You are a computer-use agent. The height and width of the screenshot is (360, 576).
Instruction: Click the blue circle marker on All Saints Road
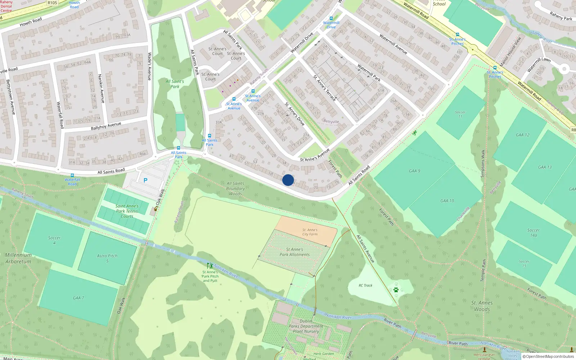click(x=288, y=180)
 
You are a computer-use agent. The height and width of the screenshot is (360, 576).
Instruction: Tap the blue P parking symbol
click(x=145, y=180)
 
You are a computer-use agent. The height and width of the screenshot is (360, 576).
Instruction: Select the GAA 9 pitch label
click(x=414, y=171)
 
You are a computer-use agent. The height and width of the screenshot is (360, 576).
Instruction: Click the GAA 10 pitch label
click(x=447, y=201)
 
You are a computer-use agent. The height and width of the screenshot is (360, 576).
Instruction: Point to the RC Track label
click(x=365, y=285)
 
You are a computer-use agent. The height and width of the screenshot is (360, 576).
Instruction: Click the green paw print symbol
click(x=396, y=290)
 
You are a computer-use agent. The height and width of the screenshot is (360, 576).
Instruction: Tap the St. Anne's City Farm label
click(x=310, y=232)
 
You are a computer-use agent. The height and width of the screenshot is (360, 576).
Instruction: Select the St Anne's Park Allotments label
click(x=294, y=252)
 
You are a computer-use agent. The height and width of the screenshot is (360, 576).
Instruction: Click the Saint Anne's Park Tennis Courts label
click(x=127, y=211)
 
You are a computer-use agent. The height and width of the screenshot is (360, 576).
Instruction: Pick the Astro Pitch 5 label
click(x=107, y=258)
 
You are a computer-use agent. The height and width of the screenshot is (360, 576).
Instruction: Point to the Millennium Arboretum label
click(x=18, y=258)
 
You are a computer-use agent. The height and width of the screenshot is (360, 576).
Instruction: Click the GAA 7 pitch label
click(x=78, y=298)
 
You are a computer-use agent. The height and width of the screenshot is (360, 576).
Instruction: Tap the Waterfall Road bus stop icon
click(x=72, y=175)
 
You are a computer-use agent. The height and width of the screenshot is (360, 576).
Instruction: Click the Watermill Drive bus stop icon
click(x=331, y=18)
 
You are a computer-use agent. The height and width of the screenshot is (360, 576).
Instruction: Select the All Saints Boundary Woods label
click(x=235, y=189)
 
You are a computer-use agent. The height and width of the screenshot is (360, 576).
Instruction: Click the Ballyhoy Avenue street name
click(x=106, y=126)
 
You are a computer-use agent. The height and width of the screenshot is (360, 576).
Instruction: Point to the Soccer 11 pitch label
click(x=460, y=114)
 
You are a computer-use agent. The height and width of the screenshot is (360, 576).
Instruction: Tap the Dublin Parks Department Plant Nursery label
click(x=306, y=326)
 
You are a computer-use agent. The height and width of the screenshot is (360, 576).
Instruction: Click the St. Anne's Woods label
click(x=482, y=306)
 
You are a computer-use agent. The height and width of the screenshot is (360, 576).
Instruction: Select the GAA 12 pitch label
click(x=522, y=135)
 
